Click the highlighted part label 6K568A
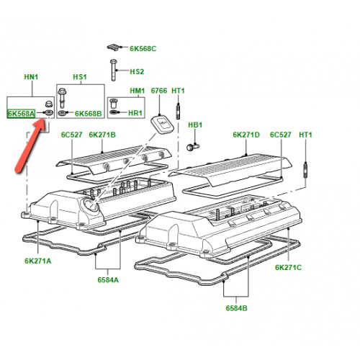click(22, 114)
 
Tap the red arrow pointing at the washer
click(30, 146)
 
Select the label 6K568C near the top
click(143, 48)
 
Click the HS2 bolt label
click(137, 71)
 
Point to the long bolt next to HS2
click(114, 70)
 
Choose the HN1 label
click(31, 77)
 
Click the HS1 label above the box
click(80, 77)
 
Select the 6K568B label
click(89, 114)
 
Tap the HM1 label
click(138, 91)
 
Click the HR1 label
click(135, 113)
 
